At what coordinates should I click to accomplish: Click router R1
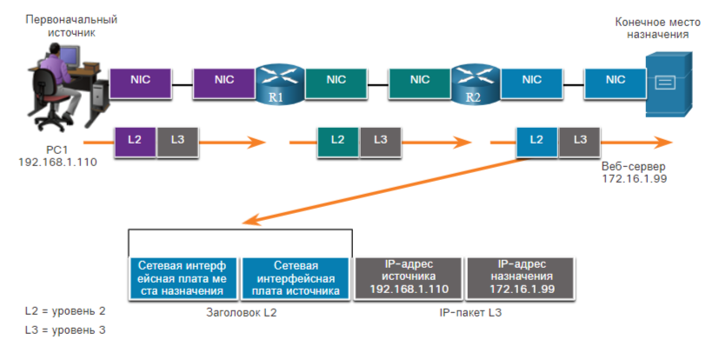(276, 83)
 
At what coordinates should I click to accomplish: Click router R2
(473, 83)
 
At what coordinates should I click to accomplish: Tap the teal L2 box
(337, 139)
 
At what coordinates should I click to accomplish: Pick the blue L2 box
(536, 139)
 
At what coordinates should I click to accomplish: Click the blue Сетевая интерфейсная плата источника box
(296, 278)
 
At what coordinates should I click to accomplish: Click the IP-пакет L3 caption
(471, 310)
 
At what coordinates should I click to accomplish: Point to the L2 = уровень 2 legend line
(65, 310)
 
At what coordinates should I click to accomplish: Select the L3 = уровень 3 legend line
(65, 330)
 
